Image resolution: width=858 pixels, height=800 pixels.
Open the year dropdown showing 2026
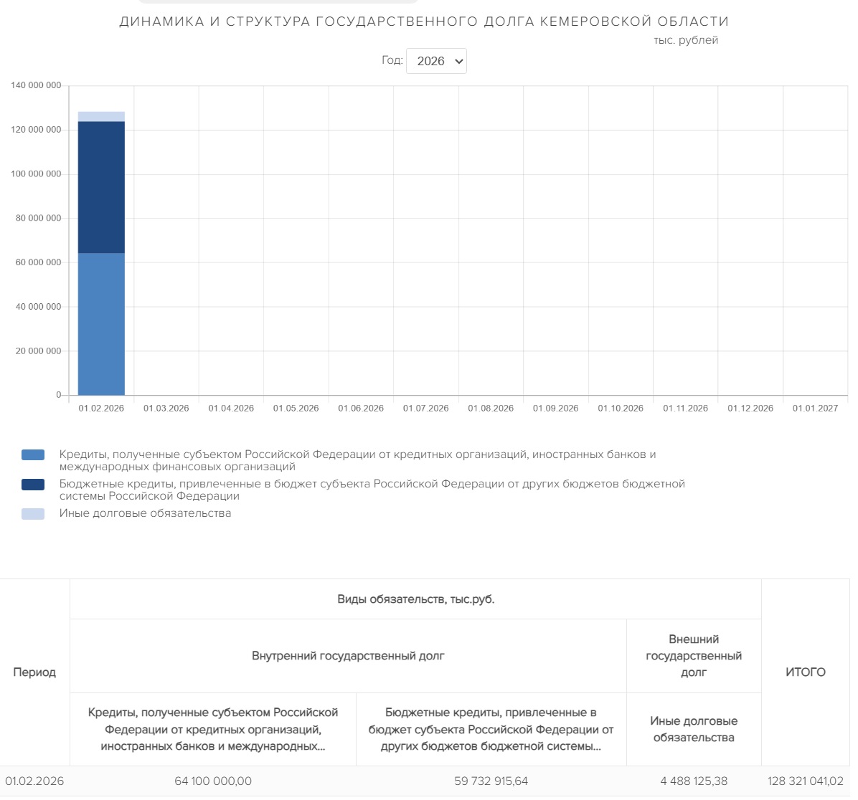[x=436, y=61]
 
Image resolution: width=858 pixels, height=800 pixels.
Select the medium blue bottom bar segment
[x=101, y=324]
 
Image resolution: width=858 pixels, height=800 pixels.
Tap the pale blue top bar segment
[x=101, y=117]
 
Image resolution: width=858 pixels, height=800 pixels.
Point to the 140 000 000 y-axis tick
[x=36, y=85]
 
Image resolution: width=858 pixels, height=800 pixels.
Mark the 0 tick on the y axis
[x=59, y=395]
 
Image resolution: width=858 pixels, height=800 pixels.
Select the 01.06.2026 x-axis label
[x=361, y=409]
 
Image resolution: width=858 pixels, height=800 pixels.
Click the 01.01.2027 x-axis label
[x=815, y=409]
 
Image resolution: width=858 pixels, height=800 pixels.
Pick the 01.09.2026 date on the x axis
[x=555, y=409]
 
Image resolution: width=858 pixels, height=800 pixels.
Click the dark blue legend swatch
[x=33, y=485]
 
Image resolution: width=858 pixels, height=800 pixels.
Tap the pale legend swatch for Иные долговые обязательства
[x=33, y=514]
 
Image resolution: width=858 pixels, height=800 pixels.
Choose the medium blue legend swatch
[x=33, y=455]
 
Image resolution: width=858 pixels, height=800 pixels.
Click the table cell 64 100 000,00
[x=213, y=781]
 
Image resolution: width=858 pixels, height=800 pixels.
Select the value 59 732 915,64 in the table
[x=491, y=781]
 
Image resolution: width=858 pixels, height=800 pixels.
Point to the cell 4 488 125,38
[x=694, y=781]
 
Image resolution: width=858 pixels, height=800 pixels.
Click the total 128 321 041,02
[x=805, y=781]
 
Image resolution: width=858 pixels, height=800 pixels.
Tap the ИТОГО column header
[x=805, y=672]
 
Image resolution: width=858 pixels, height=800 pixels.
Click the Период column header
[x=34, y=672]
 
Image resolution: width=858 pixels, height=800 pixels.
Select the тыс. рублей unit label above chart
[x=686, y=40]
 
